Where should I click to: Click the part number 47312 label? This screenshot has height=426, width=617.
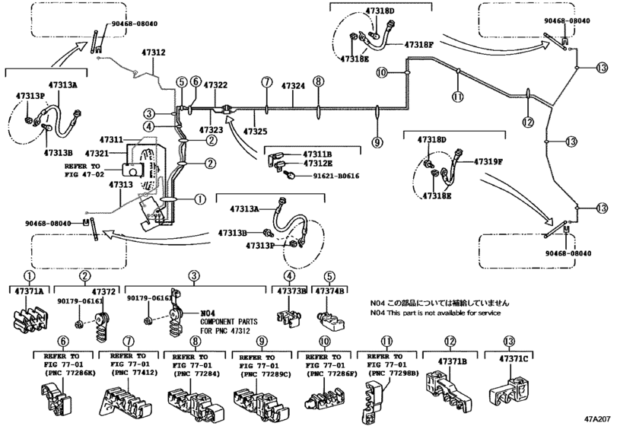click(153, 52)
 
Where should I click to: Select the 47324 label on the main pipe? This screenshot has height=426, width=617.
click(294, 87)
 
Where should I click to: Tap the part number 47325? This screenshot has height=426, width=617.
click(255, 132)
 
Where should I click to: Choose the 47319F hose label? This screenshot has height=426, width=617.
click(488, 161)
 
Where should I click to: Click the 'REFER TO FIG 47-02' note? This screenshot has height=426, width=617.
click(81, 169)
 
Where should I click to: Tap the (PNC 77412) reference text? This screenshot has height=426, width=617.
click(124, 373)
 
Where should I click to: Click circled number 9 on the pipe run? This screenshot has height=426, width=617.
click(376, 141)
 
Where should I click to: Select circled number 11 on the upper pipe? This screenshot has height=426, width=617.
click(456, 96)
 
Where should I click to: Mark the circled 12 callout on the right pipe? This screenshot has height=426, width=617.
click(527, 122)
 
